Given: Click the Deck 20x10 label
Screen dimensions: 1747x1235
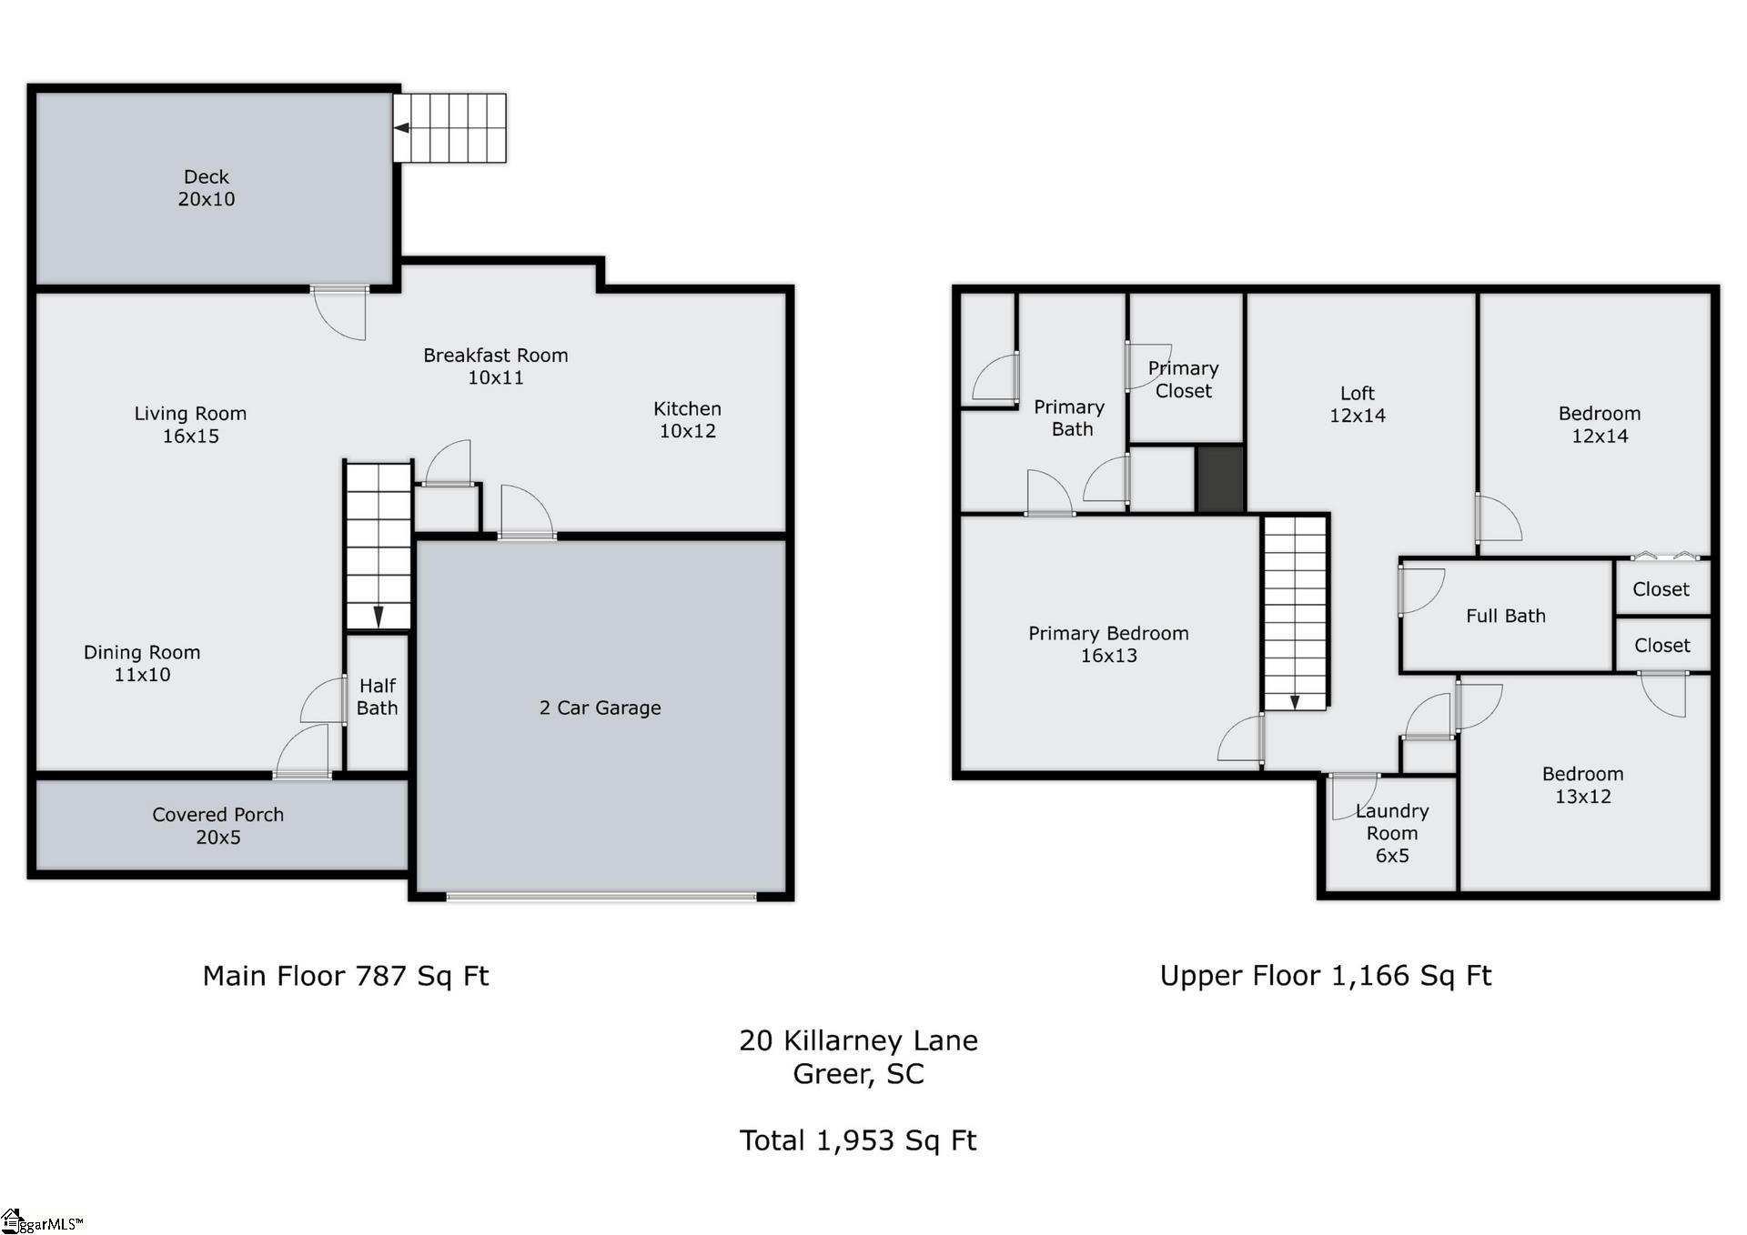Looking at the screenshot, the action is pos(207,188).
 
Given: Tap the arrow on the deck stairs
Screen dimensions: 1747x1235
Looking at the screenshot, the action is pos(401,128).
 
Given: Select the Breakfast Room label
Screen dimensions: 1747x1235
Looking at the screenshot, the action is pos(496,366).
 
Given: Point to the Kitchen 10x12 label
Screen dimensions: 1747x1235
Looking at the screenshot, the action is pos(688,420).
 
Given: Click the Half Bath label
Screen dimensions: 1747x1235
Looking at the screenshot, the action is pos(378,697).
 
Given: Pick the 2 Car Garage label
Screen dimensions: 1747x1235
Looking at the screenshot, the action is pos(601,708).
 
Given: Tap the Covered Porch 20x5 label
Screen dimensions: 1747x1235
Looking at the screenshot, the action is pos(218,826).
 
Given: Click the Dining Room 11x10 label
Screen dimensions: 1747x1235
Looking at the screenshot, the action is pos(142,663).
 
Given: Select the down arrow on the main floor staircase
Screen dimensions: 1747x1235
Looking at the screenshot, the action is pos(379,617).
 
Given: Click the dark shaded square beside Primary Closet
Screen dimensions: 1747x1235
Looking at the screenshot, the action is pos(1220,478).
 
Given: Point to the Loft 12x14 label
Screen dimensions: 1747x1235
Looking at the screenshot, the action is pos(1358,404).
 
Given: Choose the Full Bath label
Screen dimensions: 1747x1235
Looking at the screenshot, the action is pos(1506,616).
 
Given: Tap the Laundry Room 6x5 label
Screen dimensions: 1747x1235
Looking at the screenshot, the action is pos(1392,833).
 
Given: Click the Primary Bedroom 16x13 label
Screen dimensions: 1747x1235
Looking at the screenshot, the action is pos(1108,644).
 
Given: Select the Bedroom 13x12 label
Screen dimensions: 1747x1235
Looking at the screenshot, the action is pos(1583,785).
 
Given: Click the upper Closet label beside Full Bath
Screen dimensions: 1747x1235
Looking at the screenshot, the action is pos(1661,589).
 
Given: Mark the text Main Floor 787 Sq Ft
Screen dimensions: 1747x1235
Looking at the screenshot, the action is pos(346,976).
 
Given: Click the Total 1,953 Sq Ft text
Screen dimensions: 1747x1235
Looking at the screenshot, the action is pos(858,1140).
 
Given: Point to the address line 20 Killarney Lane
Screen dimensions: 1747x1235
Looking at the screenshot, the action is pos(858,1040).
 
